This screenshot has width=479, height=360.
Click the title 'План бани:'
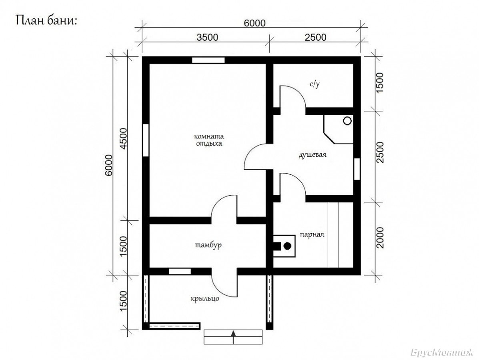[x=46, y=21]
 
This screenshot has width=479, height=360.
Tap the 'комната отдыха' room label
[x=209, y=140]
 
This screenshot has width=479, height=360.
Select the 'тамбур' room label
[x=208, y=245]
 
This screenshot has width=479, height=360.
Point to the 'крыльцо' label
[x=205, y=299]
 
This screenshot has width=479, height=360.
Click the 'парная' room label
[x=312, y=235]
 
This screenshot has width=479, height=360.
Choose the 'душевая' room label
[x=312, y=154]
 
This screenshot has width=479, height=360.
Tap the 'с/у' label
[x=315, y=84]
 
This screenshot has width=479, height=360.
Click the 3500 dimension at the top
[x=207, y=37]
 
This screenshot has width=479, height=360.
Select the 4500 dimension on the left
[x=124, y=138]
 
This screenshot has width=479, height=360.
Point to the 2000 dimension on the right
[x=380, y=238]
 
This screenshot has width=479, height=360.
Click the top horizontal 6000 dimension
[x=255, y=23]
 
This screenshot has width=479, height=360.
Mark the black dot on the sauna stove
[x=287, y=246]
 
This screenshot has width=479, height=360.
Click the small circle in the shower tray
[x=347, y=121]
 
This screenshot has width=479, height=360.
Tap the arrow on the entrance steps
[x=233, y=337]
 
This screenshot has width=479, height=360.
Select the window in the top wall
[x=208, y=60]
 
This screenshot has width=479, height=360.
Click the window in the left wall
[x=146, y=140]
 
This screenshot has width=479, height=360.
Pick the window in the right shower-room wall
[x=357, y=169]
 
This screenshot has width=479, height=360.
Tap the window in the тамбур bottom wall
[x=180, y=271]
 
